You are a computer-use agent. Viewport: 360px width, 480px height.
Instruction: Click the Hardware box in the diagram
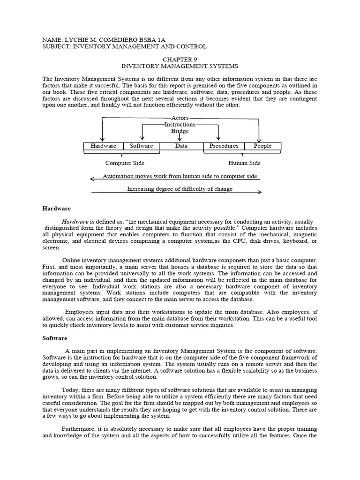pos(103,146)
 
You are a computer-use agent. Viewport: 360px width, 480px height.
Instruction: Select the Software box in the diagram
pos(141,146)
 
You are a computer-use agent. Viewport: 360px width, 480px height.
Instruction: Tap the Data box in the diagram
pos(181,146)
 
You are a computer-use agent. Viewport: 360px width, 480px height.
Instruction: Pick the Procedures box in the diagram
pos(224,146)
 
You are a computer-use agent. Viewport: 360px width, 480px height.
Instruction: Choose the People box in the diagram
pos(262,146)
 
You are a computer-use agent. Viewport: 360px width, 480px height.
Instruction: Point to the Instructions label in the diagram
pos(180,124)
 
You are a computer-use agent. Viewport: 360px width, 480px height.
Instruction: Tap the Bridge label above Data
pos(180,131)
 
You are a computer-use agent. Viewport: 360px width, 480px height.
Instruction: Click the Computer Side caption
pos(125,163)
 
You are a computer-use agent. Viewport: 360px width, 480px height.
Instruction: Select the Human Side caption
pos(244,163)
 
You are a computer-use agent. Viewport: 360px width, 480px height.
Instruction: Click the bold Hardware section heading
pos(56,208)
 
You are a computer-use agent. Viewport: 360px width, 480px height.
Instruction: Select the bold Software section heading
pos(55,338)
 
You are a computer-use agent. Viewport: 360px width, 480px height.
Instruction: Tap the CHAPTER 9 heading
pos(180,60)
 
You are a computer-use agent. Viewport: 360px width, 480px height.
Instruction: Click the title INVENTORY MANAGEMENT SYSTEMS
pos(180,67)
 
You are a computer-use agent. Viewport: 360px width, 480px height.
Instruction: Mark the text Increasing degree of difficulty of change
pos(180,189)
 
